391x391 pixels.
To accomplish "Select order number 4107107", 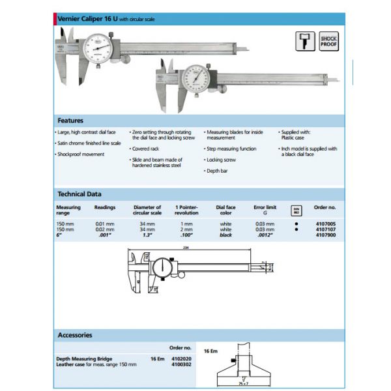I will (x=325, y=229).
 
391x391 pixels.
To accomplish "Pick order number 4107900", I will (x=325, y=235).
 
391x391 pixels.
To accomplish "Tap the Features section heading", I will (x=70, y=121).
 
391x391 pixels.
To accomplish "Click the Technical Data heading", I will (x=80, y=194).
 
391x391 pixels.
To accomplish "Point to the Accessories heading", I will (x=75, y=336).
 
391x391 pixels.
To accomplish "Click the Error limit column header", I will (x=264, y=207).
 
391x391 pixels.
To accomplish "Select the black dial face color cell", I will (x=225, y=235).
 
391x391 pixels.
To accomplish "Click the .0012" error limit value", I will (x=264, y=235).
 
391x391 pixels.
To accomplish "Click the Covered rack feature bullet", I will (x=145, y=149).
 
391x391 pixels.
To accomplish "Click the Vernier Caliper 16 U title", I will (x=87, y=20).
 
